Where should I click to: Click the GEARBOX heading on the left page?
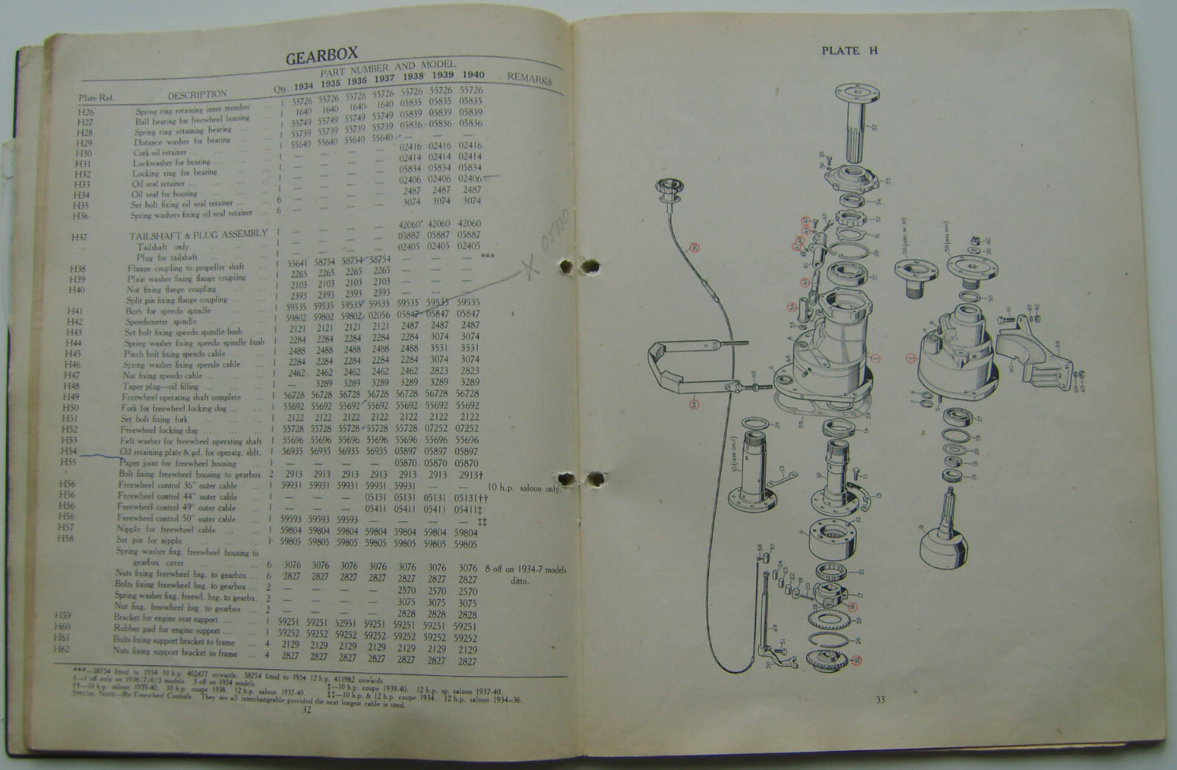point(321,55)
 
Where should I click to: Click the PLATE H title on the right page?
point(850,51)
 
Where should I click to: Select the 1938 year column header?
point(413,76)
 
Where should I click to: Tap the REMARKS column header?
point(529,77)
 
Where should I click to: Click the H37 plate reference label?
point(79,237)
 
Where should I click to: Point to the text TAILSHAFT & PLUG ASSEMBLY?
point(199,235)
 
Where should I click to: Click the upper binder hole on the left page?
point(566,267)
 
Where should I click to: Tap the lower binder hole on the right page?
point(596,480)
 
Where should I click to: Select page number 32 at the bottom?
point(307,710)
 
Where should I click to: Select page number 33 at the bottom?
point(880,699)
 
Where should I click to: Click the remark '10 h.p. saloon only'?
point(523,488)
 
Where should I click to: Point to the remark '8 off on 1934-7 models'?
point(525,569)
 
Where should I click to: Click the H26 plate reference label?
point(86,112)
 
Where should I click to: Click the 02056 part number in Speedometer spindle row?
point(380,314)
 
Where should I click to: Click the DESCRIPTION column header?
point(197,94)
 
